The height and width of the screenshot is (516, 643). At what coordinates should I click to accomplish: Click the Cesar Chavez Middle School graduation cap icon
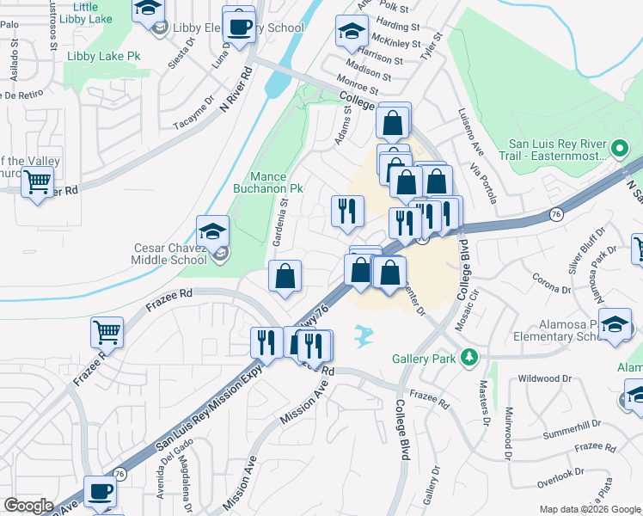(x=212, y=231)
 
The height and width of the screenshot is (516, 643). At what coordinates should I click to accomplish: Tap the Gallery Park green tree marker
(x=468, y=356)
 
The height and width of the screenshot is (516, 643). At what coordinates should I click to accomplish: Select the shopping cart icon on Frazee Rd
(x=107, y=331)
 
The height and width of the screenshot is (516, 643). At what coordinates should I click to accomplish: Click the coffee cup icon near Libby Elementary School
(x=238, y=24)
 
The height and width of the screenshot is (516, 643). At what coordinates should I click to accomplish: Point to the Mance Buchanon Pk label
(x=268, y=181)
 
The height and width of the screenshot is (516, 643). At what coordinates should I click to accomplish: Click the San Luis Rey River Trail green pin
(x=618, y=150)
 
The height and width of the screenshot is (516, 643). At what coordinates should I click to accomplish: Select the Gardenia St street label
(x=279, y=221)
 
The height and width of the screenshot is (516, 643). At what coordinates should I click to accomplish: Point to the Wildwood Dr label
(x=544, y=378)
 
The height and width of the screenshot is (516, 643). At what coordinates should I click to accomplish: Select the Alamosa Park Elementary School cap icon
(x=615, y=324)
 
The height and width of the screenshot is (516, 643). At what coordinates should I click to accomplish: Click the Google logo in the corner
(x=28, y=506)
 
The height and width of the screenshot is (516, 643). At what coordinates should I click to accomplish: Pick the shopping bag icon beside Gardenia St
(x=285, y=276)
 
